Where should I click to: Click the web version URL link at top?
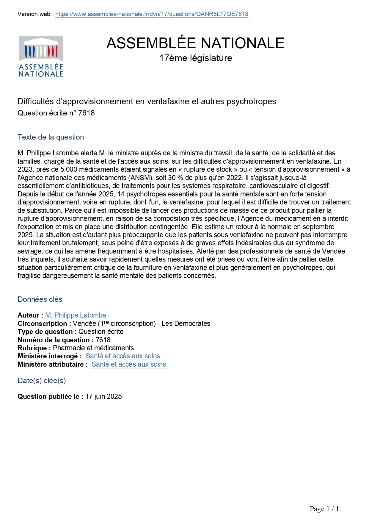(x=152, y=14)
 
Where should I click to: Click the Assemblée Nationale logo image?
(x=41, y=57)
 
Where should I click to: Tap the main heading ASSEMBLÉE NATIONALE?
(x=195, y=43)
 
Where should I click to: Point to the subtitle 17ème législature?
(x=195, y=58)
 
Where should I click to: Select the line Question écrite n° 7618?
(x=56, y=113)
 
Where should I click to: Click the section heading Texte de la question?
(x=51, y=137)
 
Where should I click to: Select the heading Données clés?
(x=40, y=299)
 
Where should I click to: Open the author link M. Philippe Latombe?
(x=76, y=315)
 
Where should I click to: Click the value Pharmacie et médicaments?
(x=93, y=348)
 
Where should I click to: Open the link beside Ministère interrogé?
(x=123, y=356)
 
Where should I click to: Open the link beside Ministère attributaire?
(x=129, y=365)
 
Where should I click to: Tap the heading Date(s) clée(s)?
(x=42, y=381)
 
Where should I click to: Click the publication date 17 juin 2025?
(x=103, y=397)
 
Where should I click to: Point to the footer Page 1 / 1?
(x=324, y=509)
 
